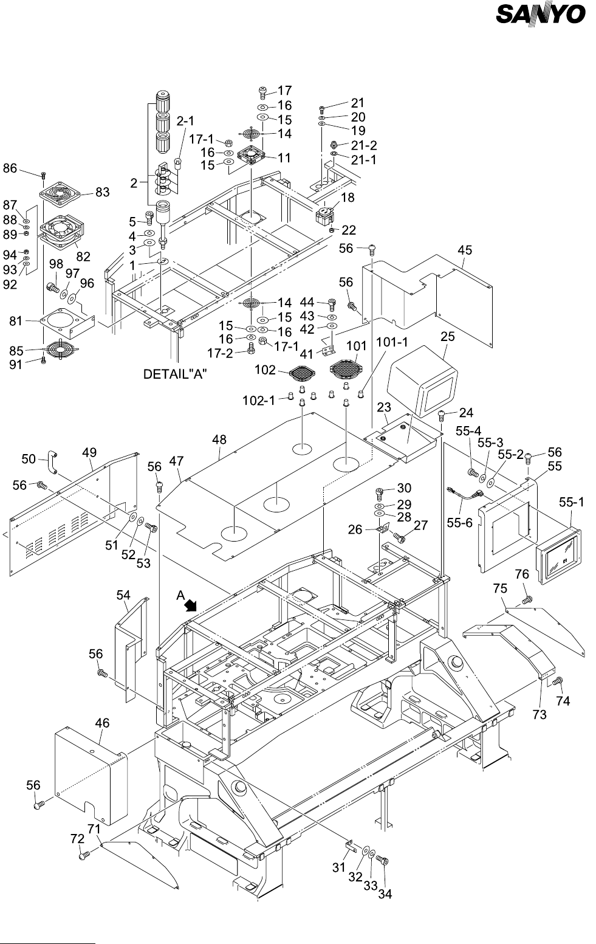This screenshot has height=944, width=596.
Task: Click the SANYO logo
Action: tap(541, 14)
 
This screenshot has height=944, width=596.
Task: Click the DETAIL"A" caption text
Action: tap(175, 374)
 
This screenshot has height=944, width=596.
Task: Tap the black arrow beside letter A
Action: tap(191, 605)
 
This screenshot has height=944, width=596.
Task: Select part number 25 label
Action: tap(448, 336)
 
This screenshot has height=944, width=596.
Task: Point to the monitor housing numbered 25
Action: tap(422, 381)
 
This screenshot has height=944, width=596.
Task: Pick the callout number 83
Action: tap(102, 192)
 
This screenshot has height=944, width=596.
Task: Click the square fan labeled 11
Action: tap(251, 155)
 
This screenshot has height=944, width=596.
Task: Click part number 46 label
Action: tap(102, 723)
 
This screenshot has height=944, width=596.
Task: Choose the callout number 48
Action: tap(219, 439)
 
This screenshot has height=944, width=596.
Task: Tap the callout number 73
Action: tap(539, 714)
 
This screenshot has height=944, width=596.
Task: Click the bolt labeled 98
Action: tap(53, 289)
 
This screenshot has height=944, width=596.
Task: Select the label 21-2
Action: tap(364, 145)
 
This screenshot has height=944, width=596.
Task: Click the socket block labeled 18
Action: tap(325, 215)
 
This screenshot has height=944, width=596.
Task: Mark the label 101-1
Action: tap(392, 342)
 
